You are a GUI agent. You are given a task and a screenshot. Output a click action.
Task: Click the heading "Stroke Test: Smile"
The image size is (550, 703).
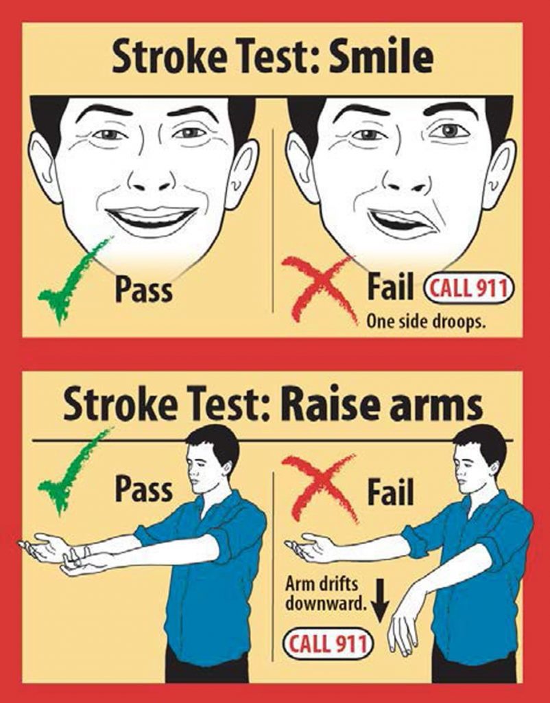tap(272, 58)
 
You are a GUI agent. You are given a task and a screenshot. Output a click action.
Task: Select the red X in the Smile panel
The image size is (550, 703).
tap(320, 286)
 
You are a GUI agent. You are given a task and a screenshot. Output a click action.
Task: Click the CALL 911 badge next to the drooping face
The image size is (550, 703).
tap(469, 289)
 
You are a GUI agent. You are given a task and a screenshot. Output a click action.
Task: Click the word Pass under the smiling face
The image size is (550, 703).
tap(143, 289)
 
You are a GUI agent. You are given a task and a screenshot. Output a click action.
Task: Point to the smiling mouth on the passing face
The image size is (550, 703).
tap(152, 220)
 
